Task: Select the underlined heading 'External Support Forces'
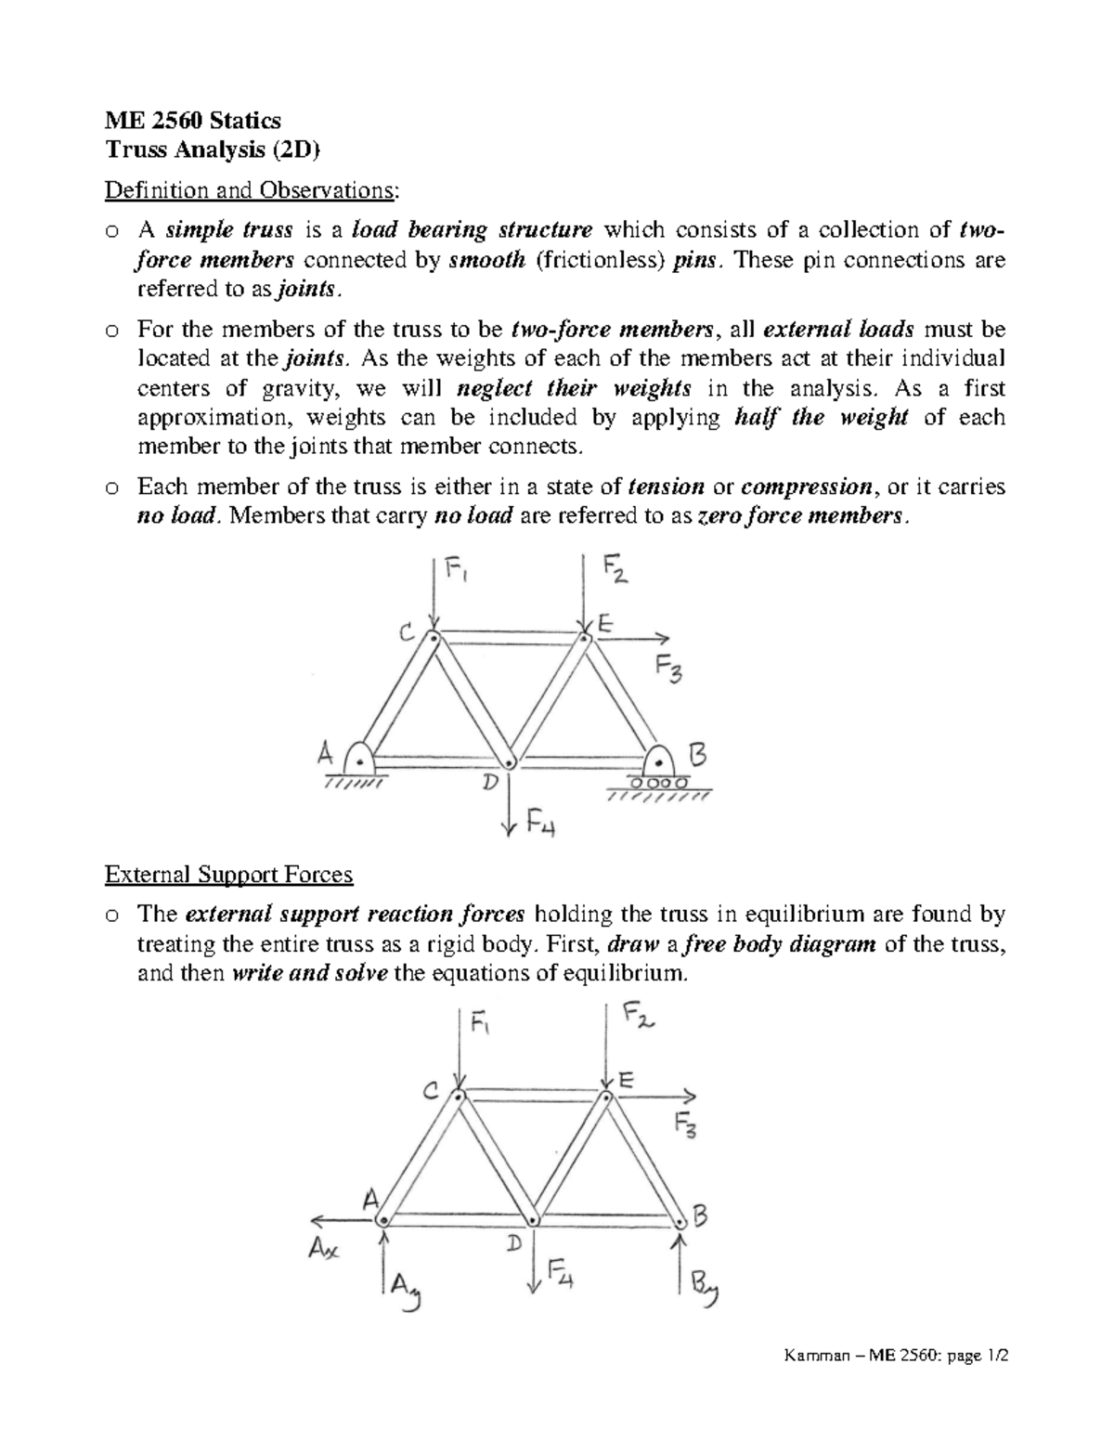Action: pos(228,874)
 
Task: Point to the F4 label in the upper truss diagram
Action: pos(539,822)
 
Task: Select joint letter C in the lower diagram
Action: pos(431,1093)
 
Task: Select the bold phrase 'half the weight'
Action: pos(820,417)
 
